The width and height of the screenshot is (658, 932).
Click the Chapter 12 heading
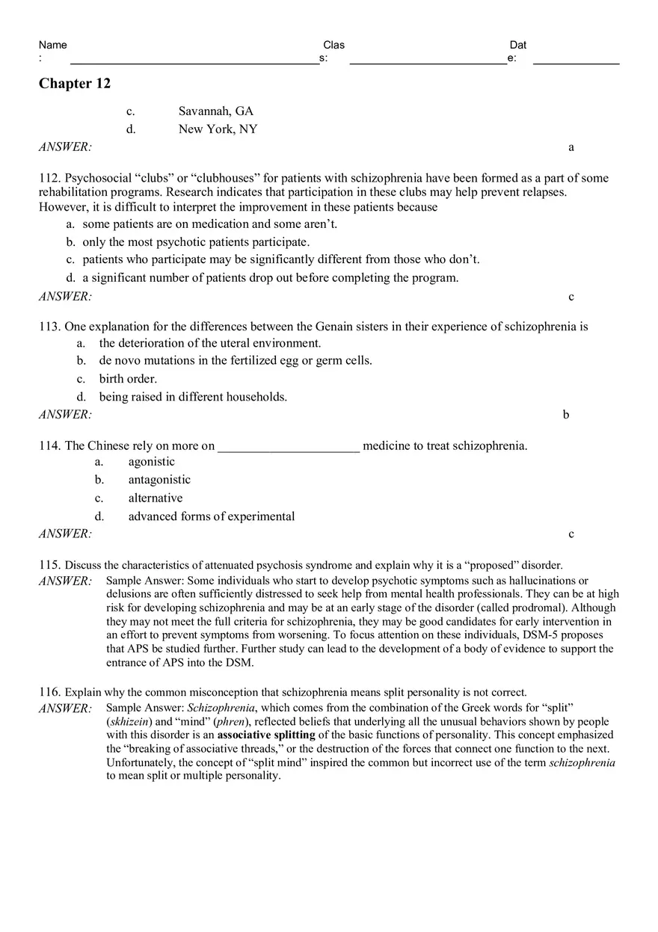75,84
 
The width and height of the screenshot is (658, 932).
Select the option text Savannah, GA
215,111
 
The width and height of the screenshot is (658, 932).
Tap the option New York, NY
218,129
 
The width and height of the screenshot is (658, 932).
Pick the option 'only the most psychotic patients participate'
196,242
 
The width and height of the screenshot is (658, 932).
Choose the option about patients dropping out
270,278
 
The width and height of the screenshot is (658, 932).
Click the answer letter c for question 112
571,297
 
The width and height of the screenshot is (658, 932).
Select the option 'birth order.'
128,379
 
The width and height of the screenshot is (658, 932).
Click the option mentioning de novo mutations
235,361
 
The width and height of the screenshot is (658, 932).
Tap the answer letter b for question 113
566,415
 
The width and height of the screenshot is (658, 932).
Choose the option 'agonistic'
151,462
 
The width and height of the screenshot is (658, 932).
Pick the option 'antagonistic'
159,480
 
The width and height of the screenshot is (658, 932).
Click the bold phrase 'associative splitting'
266,735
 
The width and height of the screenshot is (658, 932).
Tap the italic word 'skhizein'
130,722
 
